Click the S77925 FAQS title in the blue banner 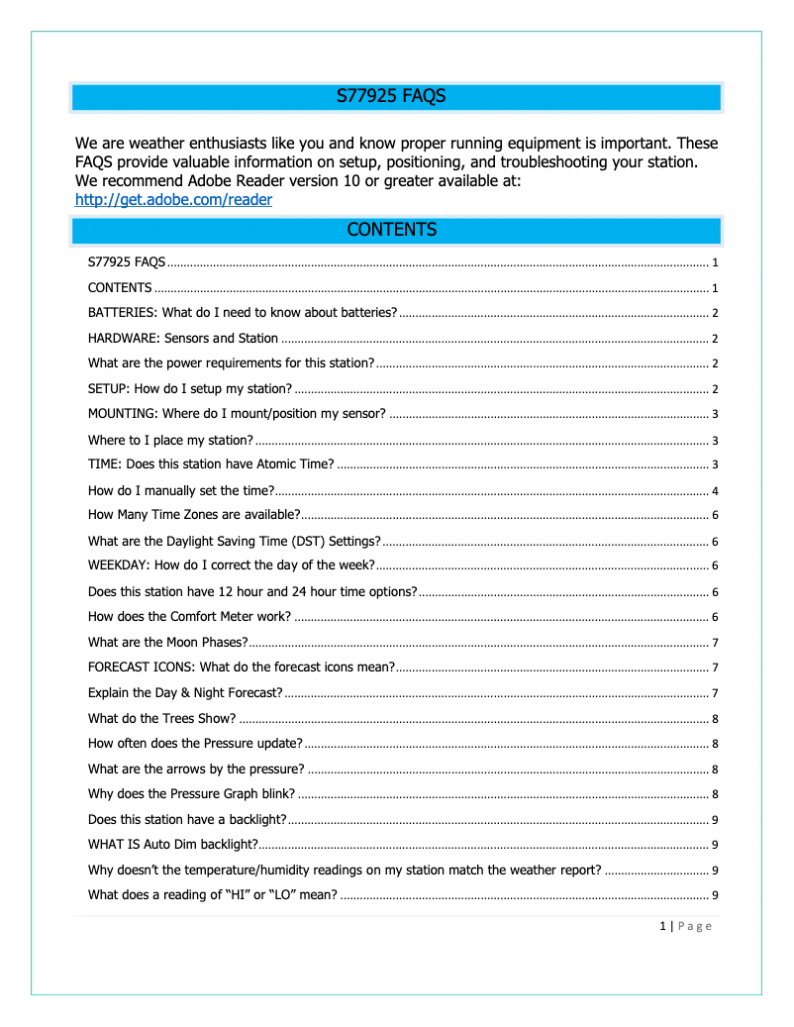[x=391, y=97]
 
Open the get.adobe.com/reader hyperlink [x=173, y=200]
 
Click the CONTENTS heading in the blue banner [x=391, y=230]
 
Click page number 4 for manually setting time [x=715, y=490]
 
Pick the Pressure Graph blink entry [x=192, y=793]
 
